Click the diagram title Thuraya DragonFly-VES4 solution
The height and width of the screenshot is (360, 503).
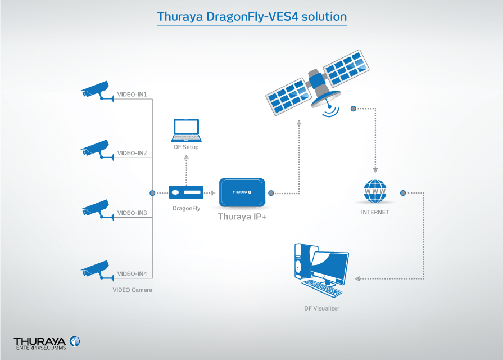pos(252,16)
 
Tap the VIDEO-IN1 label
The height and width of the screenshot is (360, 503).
pos(132,94)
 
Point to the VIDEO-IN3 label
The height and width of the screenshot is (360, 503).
pos(132,213)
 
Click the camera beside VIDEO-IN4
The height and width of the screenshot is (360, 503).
pos(95,269)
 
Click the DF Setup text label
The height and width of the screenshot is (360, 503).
pos(186,147)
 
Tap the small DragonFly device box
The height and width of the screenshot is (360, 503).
pos(186,193)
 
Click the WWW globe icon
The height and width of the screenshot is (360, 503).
pos(375,192)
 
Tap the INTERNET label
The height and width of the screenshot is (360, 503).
pos(375,213)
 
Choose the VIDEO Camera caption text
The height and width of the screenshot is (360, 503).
pos(133,290)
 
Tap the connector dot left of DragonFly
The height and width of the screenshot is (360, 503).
pos(152,193)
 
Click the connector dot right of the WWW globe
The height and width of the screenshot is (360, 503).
pos(402,193)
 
